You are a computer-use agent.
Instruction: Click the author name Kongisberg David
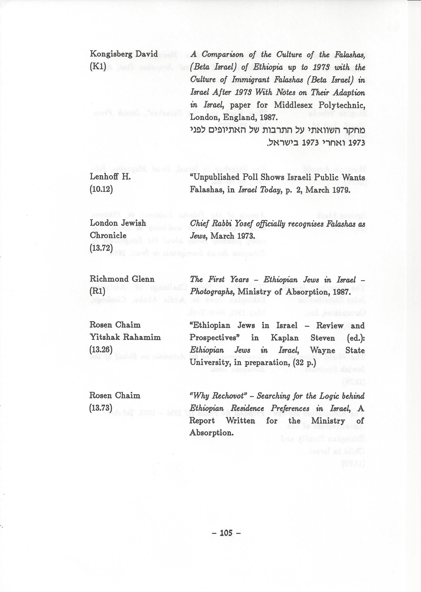tap(124, 54)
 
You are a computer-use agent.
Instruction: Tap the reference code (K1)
tap(98, 67)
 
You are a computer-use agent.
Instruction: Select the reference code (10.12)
tap(101, 190)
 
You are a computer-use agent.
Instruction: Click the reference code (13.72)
tap(101, 248)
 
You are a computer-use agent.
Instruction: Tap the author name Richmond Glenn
tap(122, 279)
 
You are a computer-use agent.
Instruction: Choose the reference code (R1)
tap(97, 292)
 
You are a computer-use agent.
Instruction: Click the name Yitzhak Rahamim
tap(125, 337)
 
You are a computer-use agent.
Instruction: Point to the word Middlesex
tap(294, 105)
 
